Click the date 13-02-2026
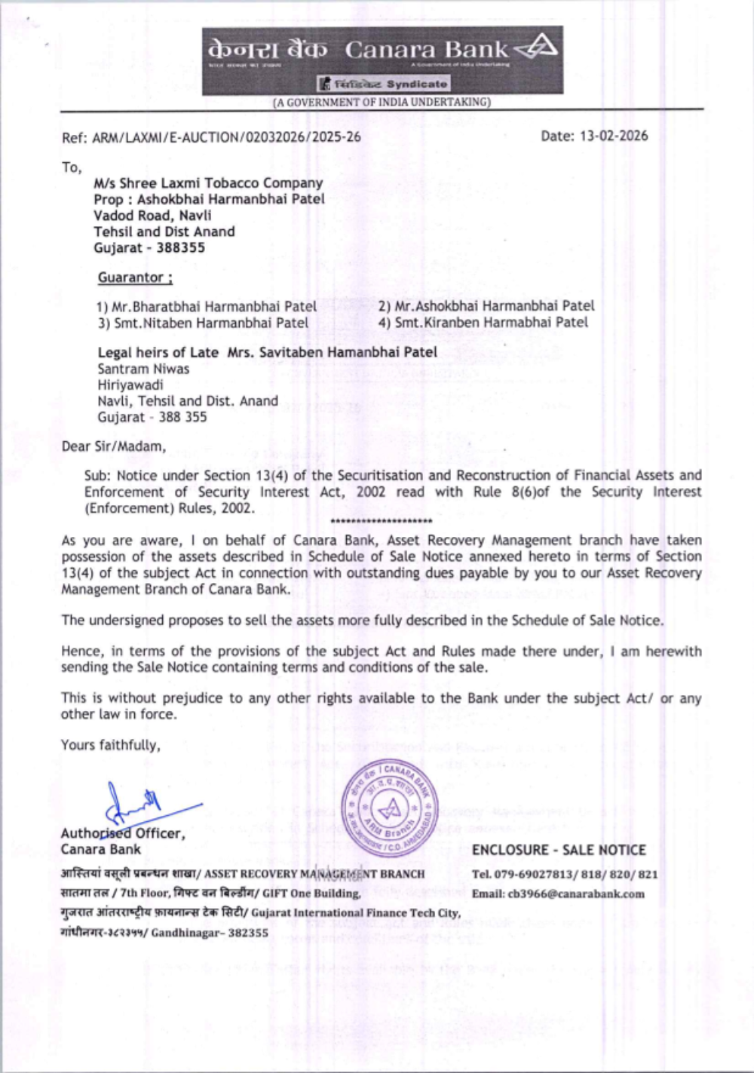coord(613,136)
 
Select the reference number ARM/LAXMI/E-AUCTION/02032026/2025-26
coord(226,137)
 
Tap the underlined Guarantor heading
coord(135,277)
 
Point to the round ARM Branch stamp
coord(389,808)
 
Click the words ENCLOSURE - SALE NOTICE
coord(559,850)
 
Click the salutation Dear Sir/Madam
coord(114,446)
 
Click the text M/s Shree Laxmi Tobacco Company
coord(208,183)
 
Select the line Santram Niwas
coord(143,369)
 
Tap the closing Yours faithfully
coord(111,745)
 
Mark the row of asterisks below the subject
coord(382,521)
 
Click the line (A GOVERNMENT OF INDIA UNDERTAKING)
coord(382,102)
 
